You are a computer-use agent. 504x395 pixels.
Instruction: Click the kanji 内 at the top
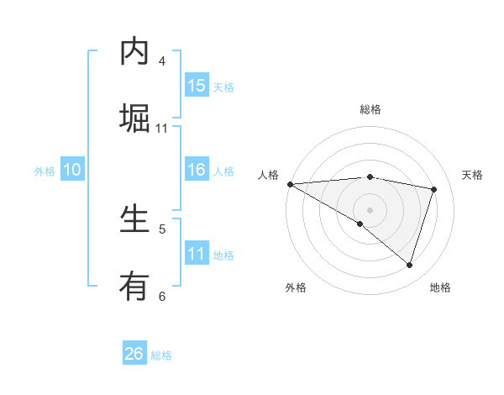pos(134,51)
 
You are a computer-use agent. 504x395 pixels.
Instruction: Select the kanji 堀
pos(134,118)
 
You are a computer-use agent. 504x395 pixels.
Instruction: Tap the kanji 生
pos(134,219)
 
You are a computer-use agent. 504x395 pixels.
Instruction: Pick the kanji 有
pos(134,287)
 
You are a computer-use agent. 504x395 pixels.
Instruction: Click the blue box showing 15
pos(197,86)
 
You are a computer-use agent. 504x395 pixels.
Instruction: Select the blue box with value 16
pos(197,170)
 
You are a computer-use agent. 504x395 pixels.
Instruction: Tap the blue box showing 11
pos(197,254)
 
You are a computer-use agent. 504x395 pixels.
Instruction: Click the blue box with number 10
pos(72,170)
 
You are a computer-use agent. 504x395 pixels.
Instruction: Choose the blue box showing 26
pos(134,354)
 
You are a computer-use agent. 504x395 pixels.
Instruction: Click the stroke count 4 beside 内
pos(162,61)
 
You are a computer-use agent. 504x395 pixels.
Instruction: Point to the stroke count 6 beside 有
pos(162,296)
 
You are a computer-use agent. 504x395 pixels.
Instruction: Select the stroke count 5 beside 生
pos(162,229)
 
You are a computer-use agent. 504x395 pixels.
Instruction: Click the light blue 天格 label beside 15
pos(223,87)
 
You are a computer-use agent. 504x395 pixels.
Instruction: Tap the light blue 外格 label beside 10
pos(45,171)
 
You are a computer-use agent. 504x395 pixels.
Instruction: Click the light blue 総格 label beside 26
pos(161,355)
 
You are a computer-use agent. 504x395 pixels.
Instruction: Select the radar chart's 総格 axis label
pos(370,109)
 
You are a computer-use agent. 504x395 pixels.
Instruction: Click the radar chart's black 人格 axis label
pos(268,175)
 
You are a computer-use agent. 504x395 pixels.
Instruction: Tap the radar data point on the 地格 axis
pos(409,266)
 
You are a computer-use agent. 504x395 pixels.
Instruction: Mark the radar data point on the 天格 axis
pos(434,189)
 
